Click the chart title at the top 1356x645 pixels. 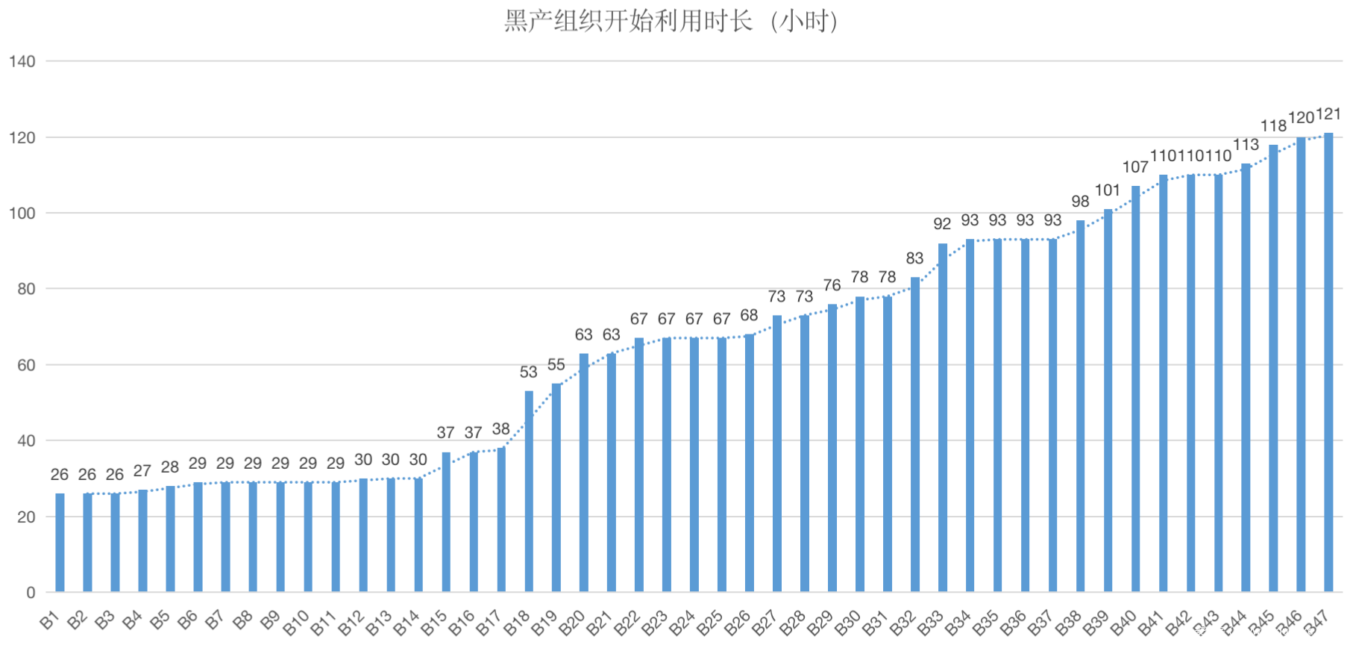click(671, 21)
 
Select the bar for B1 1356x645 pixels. click(60, 543)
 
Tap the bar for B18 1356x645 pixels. click(529, 491)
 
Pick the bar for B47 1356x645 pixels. click(1328, 363)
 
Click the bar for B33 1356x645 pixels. click(943, 417)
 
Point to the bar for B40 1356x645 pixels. click(1135, 389)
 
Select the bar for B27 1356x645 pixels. click(777, 454)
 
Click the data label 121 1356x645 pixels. click(1328, 114)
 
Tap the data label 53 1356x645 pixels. click(529, 372)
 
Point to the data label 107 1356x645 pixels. click(1135, 167)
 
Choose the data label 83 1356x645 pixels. click(914, 258)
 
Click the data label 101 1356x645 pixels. click(1108, 190)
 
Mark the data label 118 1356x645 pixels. click(1273, 126)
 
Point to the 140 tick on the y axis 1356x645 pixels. click(22, 61)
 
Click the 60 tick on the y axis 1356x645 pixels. click(26, 365)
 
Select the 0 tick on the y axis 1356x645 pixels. click(31, 593)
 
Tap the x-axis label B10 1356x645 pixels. click(296, 623)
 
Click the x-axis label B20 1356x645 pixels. click(572, 623)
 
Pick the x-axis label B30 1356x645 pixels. click(848, 623)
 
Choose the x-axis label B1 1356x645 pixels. click(50, 620)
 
